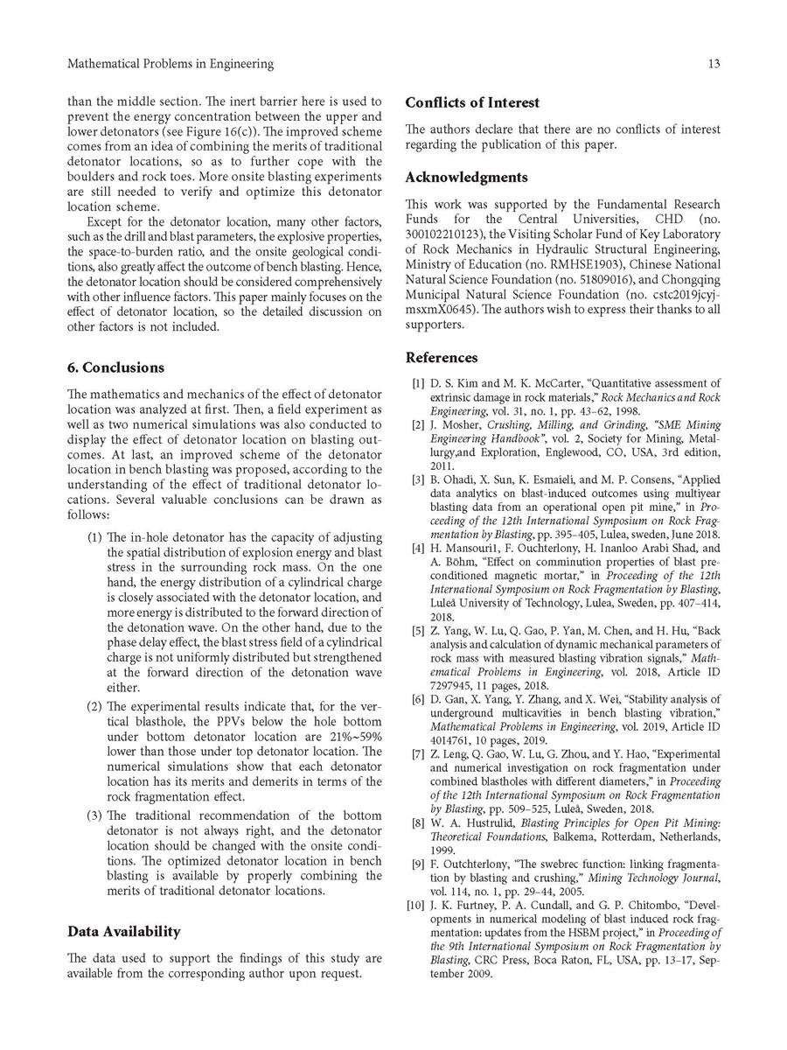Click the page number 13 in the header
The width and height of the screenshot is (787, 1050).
pos(714,64)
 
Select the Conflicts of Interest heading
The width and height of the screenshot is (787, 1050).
pos(472,103)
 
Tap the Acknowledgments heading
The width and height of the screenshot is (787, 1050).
pos(466,178)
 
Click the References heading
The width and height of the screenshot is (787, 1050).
pos(442,358)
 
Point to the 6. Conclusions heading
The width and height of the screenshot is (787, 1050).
pos(115,367)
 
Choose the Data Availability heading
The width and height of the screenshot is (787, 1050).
pos(123,932)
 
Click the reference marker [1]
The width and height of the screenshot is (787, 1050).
pos(417,383)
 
